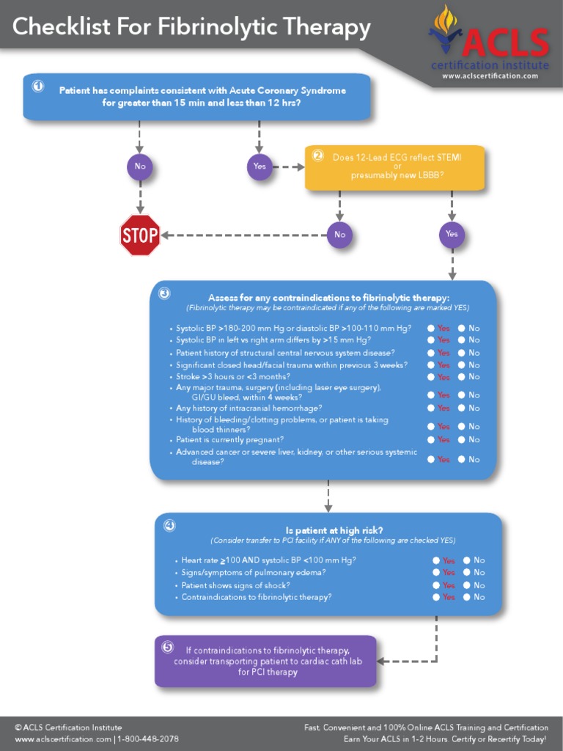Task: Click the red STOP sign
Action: (x=140, y=235)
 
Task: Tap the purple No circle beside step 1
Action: (x=139, y=166)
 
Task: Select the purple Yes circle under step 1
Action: (x=260, y=166)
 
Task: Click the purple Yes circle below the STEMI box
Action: (x=452, y=235)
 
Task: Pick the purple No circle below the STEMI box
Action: (x=339, y=235)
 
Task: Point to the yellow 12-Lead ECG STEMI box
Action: (x=394, y=168)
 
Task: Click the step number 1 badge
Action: (x=38, y=86)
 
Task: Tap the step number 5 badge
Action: (x=168, y=647)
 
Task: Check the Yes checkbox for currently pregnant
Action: (x=431, y=439)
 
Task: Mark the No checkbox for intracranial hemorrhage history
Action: (x=462, y=408)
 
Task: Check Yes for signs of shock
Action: (x=436, y=585)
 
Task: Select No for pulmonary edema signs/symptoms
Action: (x=467, y=572)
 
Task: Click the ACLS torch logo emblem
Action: (x=445, y=29)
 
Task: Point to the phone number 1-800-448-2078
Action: (x=148, y=739)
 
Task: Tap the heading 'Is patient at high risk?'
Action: (x=334, y=530)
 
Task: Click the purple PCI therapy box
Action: (x=265, y=661)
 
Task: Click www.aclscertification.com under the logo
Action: (x=495, y=76)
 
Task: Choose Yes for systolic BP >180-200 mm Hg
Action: (x=431, y=329)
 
